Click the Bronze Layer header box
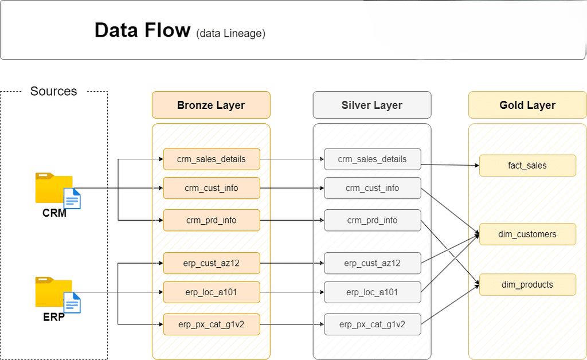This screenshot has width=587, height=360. tap(211, 105)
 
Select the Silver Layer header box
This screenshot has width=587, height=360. tap(371, 105)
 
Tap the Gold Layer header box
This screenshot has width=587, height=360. tap(527, 105)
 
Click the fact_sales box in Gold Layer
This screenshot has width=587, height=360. tap(527, 166)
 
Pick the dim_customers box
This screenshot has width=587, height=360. tap(527, 234)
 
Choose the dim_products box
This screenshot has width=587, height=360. tap(527, 284)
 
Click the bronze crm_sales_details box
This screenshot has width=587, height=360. tap(211, 159)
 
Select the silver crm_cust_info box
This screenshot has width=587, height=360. tap(372, 188)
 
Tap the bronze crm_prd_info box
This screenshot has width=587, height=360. tap(211, 220)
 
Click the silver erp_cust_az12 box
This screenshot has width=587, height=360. tap(372, 263)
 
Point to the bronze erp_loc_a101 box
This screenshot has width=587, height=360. tap(211, 292)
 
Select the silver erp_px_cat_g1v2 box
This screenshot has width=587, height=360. tap(372, 324)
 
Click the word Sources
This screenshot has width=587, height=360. tap(53, 91)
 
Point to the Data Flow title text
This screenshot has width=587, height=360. tap(142, 30)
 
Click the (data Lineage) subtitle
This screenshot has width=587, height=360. tap(230, 33)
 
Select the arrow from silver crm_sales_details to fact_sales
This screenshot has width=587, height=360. tap(450, 165)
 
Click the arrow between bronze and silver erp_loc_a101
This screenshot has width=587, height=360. tap(292, 292)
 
